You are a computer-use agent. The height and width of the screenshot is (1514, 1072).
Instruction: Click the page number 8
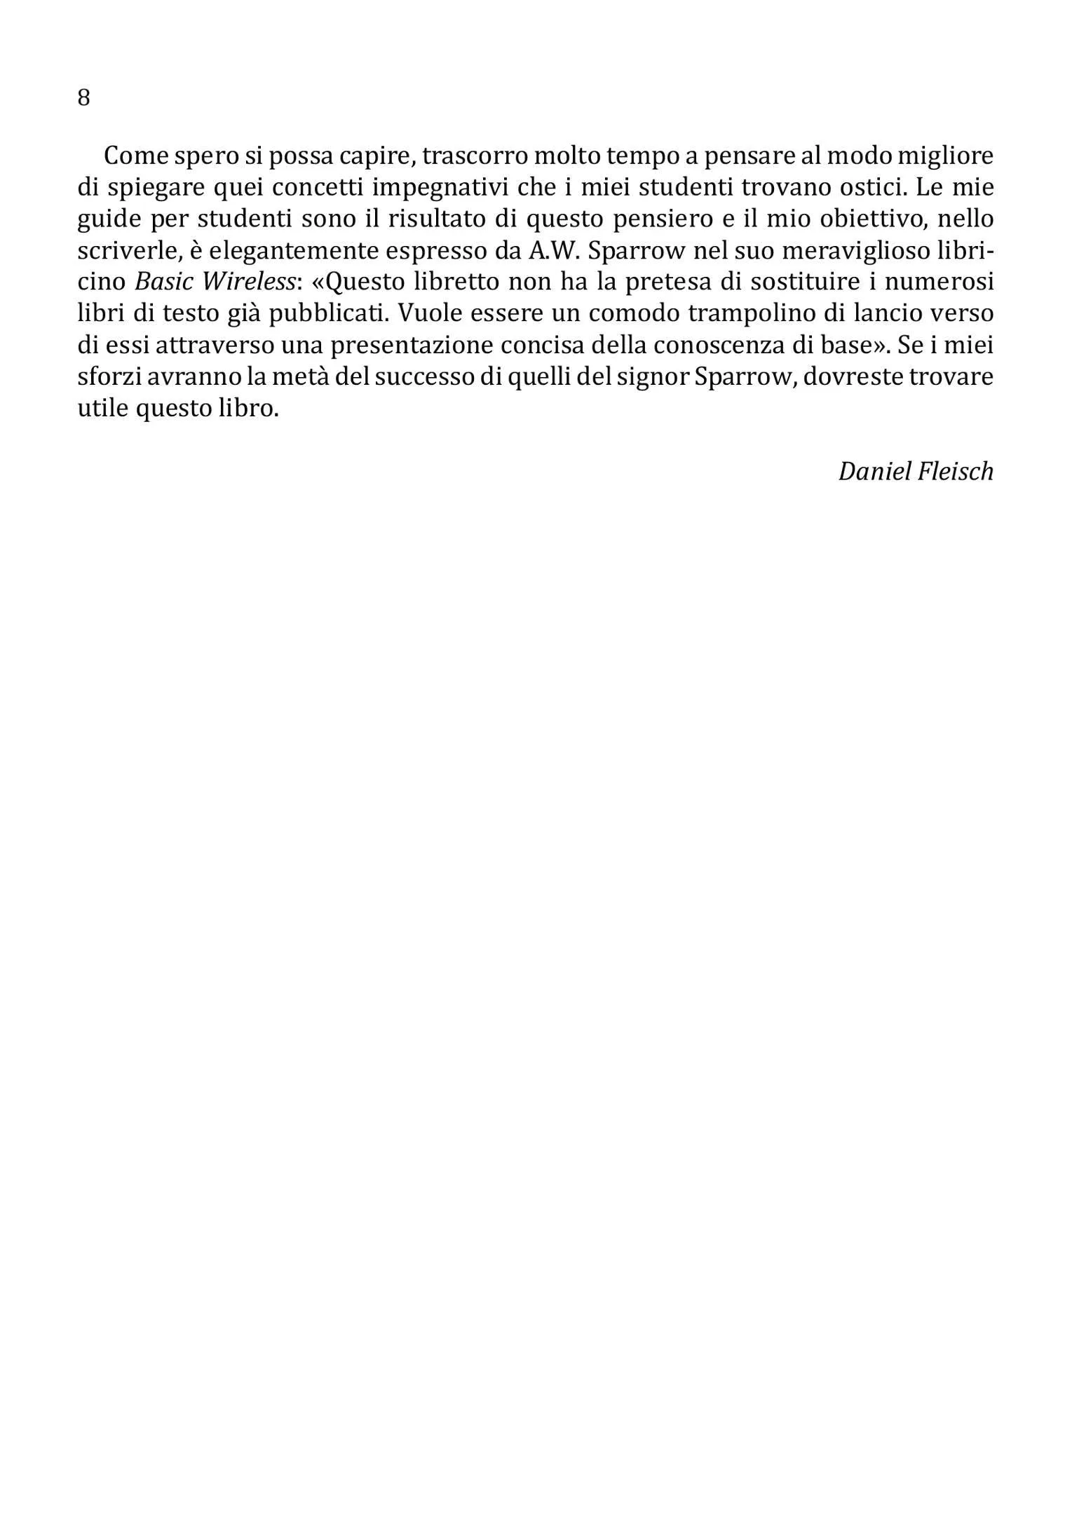[83, 97]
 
